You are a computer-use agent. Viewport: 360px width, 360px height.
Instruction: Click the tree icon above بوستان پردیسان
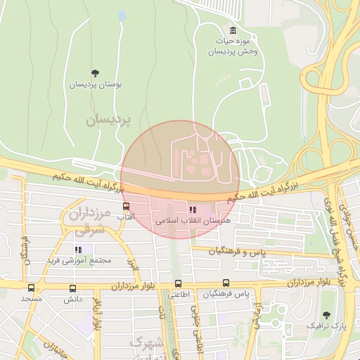[96, 73]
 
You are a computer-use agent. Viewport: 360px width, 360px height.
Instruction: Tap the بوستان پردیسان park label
[95, 84]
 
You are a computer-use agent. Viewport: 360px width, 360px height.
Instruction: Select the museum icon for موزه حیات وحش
[233, 30]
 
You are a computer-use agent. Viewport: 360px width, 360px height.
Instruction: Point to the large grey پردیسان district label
[109, 120]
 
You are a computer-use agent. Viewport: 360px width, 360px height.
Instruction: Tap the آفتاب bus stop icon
[126, 207]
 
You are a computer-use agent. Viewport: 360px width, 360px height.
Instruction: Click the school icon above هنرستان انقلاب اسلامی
[193, 209]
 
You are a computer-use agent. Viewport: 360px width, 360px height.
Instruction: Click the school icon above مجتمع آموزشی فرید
[79, 250]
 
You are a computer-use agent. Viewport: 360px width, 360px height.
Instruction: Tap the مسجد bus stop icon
[31, 288]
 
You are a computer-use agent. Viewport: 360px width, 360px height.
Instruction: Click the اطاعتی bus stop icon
[178, 284]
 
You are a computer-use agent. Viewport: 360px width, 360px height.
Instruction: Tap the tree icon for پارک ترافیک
[326, 315]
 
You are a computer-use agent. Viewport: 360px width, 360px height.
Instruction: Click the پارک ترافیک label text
[326, 326]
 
